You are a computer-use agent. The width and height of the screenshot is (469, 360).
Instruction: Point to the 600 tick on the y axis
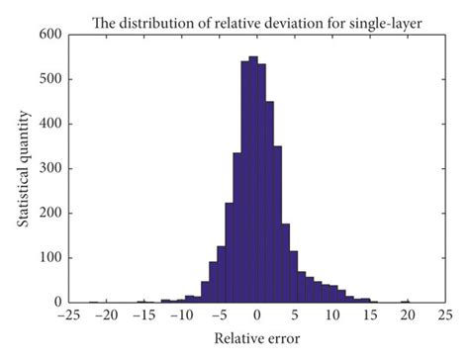[x=49, y=35]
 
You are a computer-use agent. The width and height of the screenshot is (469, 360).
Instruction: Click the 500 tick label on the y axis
[x=49, y=79]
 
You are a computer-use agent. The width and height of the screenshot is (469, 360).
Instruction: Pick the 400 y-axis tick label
[x=49, y=124]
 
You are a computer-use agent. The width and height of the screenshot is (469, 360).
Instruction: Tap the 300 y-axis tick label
[x=49, y=169]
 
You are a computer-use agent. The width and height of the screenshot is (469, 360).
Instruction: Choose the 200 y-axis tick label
[x=49, y=214]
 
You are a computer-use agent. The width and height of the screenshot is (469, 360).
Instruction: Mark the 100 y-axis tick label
[x=49, y=258]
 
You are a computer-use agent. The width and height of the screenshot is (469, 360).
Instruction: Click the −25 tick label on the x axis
[x=68, y=316]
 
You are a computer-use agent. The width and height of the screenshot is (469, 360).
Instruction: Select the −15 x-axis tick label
[x=143, y=316]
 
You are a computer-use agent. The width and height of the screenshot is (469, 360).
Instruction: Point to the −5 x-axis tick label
[x=218, y=316]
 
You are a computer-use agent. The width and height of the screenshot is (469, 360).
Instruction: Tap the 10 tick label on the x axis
[x=331, y=316]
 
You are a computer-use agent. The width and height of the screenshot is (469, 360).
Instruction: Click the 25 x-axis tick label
[x=444, y=316]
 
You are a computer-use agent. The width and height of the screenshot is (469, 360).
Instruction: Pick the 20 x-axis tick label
[x=407, y=316]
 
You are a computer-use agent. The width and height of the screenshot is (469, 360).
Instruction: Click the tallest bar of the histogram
[x=252, y=178]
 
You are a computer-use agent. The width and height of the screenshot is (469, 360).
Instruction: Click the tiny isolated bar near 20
[x=405, y=301]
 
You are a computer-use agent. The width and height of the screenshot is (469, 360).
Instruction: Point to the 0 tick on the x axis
[x=256, y=316]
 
